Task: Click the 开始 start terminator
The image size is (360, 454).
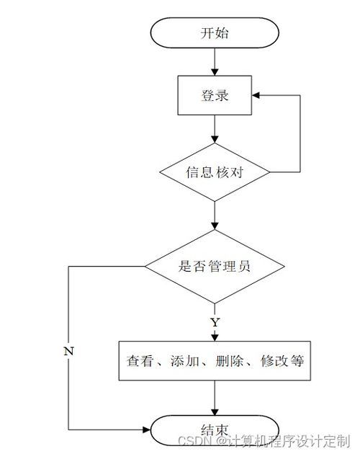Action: pyautogui.click(x=215, y=32)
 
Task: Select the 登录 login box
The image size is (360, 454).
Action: pyautogui.click(x=215, y=95)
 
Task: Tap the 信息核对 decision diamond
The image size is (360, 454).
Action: pyautogui.click(x=215, y=172)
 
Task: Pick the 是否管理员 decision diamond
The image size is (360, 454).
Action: pyautogui.click(x=215, y=267)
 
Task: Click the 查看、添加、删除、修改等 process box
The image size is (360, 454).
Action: pyautogui.click(x=215, y=360)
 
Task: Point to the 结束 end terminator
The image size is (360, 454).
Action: pyautogui.click(x=215, y=430)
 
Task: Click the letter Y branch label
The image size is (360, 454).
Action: pyautogui.click(x=215, y=322)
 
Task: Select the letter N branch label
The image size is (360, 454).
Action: pyautogui.click(x=69, y=351)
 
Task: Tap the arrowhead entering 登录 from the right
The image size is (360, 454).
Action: pyautogui.click(x=256, y=95)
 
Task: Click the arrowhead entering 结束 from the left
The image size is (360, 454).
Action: pyautogui.click(x=147, y=429)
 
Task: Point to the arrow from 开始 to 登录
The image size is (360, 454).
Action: pyautogui.click(x=215, y=62)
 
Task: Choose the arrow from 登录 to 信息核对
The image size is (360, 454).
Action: pyautogui.click(x=215, y=129)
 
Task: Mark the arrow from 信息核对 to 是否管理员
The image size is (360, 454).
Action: pyautogui.click(x=215, y=215)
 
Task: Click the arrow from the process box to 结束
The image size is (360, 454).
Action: pyautogui.click(x=215, y=398)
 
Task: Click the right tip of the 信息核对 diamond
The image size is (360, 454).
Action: pyautogui.click(x=270, y=172)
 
